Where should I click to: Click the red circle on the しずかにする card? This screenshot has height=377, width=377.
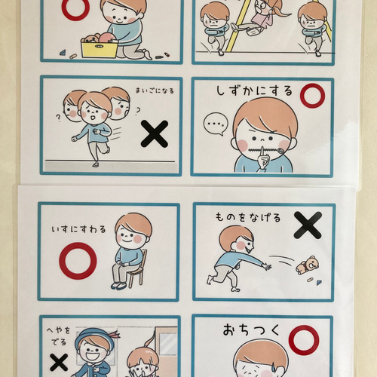tap(311, 95)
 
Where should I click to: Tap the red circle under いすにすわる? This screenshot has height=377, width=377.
tap(78, 260)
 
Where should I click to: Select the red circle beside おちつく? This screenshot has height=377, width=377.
tap(303, 340)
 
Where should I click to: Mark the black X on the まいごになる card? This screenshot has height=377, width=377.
tap(155, 134)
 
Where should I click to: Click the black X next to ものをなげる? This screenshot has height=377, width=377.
tap(307, 225)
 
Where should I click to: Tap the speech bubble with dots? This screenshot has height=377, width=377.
tap(216, 121)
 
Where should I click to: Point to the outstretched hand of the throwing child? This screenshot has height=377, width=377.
tap(265, 265)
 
